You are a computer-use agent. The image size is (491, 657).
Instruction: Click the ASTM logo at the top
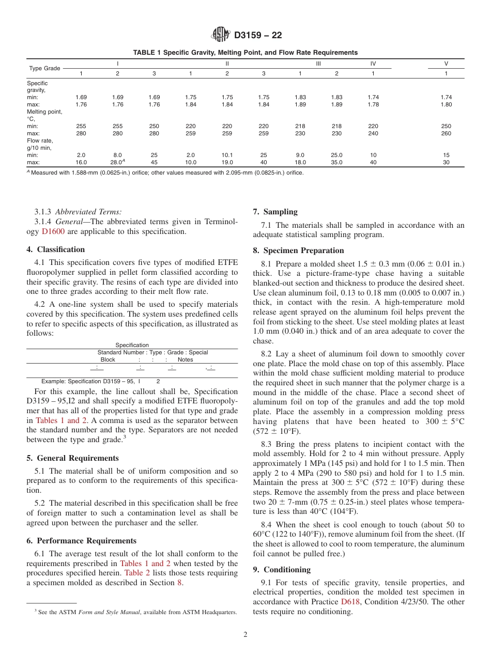(221, 35)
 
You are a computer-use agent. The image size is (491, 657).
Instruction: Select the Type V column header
(446, 64)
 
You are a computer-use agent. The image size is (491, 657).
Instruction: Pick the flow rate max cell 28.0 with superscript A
(118, 162)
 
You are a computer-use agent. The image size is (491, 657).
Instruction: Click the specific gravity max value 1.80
(446, 104)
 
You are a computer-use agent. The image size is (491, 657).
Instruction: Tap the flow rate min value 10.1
(227, 155)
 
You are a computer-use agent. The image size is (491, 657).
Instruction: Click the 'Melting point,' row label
(44, 112)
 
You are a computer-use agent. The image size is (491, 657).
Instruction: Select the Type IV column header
(373, 64)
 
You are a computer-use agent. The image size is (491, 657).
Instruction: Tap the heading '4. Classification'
(56, 249)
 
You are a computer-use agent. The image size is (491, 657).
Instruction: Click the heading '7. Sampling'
(275, 212)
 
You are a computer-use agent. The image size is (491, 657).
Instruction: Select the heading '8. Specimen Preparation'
(298, 251)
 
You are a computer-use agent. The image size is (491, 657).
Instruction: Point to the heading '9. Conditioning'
(282, 570)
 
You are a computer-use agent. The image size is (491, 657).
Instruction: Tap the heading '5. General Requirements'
(72, 458)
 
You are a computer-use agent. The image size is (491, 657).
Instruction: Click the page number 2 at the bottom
(245, 635)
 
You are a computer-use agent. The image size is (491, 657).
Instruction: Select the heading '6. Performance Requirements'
(82, 541)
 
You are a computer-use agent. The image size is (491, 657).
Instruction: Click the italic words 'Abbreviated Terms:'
(88, 212)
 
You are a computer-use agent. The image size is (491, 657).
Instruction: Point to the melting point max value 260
(446, 133)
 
